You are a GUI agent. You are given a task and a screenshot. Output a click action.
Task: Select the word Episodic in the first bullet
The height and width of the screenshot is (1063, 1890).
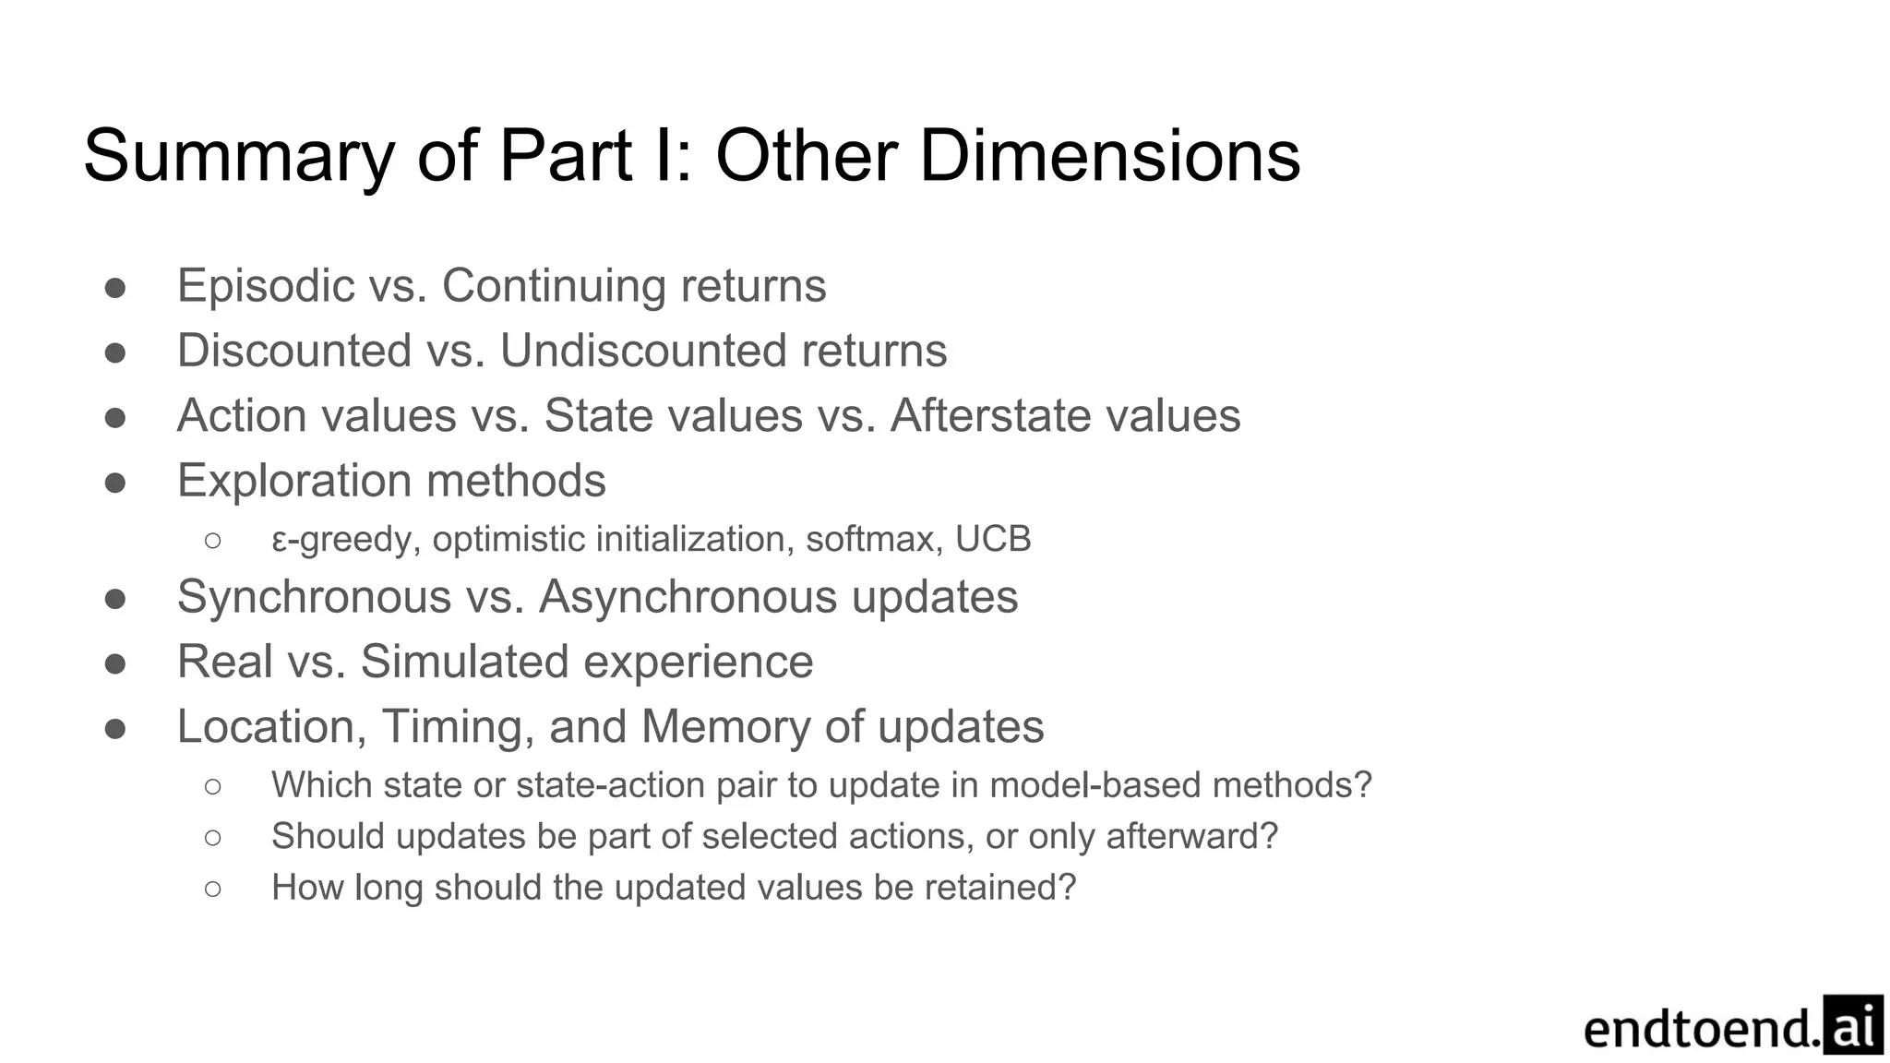pos(266,286)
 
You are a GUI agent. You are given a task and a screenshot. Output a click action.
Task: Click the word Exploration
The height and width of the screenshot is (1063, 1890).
pos(294,481)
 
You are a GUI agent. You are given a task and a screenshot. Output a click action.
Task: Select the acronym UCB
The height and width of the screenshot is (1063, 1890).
pos(993,539)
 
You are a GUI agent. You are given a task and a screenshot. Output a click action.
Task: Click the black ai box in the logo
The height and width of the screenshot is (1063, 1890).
pos(1853,1024)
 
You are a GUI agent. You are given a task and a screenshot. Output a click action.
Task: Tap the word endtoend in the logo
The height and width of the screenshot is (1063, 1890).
pos(1702,1029)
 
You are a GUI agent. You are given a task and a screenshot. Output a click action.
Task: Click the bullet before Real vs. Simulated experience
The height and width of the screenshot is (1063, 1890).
pos(115,663)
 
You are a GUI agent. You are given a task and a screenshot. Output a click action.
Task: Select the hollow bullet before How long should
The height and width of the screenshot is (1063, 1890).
pos(213,889)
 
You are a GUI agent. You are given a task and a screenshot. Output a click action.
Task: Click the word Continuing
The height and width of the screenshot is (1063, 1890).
pos(554,286)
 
